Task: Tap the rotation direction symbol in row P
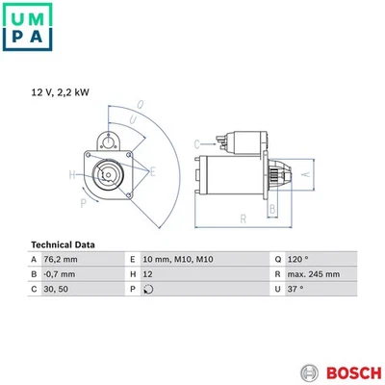pyautogui.click(x=147, y=288)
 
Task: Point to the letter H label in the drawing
pyautogui.click(x=72, y=175)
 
